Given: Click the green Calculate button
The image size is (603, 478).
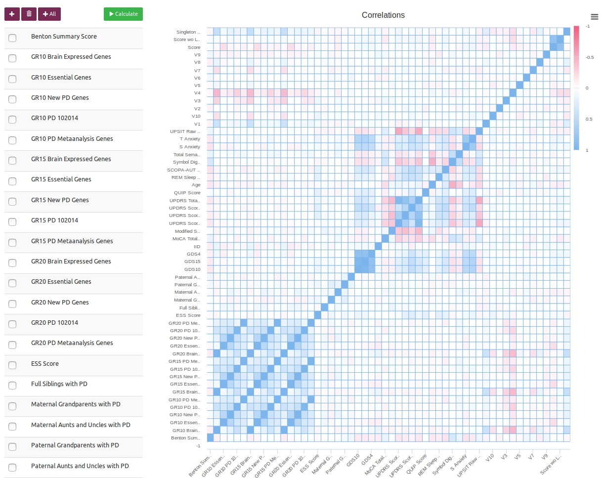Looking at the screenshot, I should [x=123, y=14].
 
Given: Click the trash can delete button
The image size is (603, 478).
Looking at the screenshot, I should [x=29, y=14].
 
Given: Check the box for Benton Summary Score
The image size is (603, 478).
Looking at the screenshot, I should [x=12, y=38].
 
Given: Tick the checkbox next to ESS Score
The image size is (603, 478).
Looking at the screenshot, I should [x=12, y=365].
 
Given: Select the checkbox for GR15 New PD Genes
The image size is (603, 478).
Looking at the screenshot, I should [x=12, y=201].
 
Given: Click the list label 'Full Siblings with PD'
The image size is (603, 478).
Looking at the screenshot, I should [x=59, y=384].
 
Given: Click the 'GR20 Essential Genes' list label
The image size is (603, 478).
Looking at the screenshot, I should [x=61, y=282].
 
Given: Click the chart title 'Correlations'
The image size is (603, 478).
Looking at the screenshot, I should [x=383, y=15].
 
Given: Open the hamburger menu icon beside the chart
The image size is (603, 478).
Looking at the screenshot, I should [x=595, y=17].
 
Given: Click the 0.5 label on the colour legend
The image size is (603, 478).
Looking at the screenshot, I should [x=587, y=119].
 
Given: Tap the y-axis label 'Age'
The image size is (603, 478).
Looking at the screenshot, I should [x=196, y=185].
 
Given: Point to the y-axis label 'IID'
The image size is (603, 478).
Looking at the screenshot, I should [x=197, y=246].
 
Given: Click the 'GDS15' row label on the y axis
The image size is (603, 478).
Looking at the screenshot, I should [x=193, y=261].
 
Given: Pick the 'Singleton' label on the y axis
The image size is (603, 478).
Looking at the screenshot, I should [x=188, y=32].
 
